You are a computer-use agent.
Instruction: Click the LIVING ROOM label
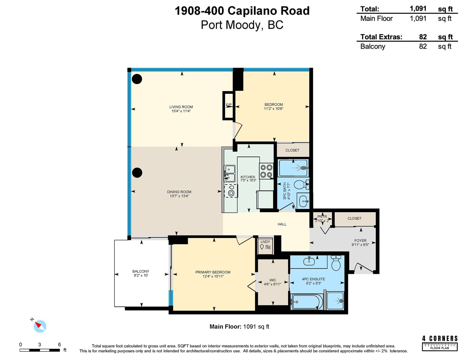tap(181, 107)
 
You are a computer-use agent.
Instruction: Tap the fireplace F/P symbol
tap(229, 105)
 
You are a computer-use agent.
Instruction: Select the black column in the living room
tap(137, 79)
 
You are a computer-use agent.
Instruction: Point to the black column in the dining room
tap(137, 173)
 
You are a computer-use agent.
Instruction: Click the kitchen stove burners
tap(266, 171)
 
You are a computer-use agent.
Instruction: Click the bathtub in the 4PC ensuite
tap(307, 302)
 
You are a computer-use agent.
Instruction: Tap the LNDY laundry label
tap(265, 242)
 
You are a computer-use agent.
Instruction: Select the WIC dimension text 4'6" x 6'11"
tap(272, 284)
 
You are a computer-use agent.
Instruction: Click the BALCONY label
tap(141, 271)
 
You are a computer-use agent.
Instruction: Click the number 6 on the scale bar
tap(59, 345)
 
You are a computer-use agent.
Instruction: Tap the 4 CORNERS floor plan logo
tap(439, 343)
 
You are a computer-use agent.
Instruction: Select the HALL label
tap(282, 224)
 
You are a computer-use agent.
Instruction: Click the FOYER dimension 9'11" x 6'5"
tap(360, 245)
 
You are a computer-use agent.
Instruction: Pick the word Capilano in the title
tap(252, 11)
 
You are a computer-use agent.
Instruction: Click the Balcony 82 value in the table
tap(423, 46)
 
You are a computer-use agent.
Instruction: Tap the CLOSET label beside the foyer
tap(354, 218)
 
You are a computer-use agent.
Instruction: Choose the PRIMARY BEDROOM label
tap(213, 272)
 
